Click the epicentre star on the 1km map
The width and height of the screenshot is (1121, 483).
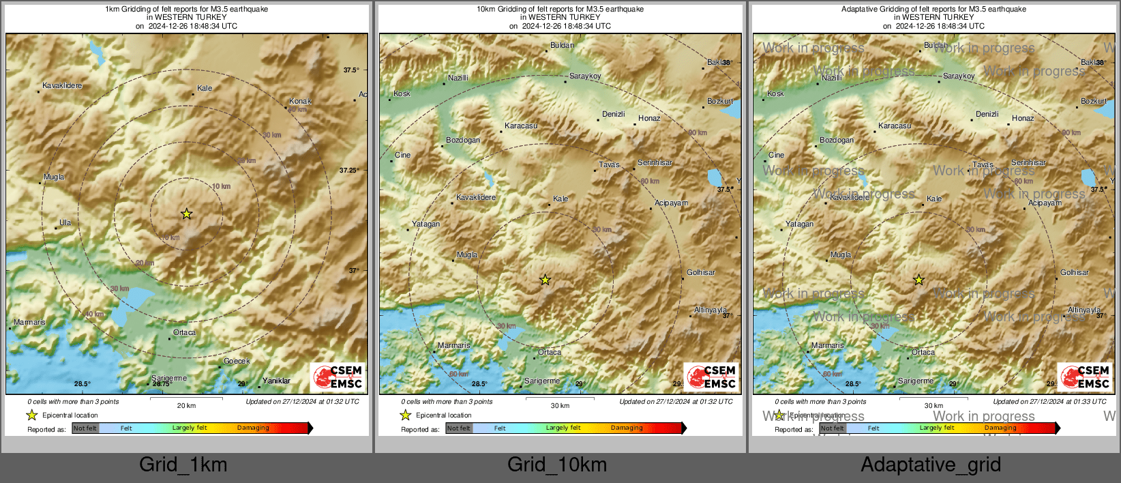186,214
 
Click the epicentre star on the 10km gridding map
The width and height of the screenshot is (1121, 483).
545,280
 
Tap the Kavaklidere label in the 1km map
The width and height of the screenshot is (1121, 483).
62,86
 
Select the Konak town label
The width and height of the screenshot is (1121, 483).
300,101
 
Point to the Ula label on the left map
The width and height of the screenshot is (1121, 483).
65,222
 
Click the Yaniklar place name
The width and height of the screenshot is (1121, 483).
276,381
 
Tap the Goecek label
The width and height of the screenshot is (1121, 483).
237,361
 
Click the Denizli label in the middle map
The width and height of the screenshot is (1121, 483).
613,114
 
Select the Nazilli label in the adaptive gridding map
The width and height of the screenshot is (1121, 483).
831,78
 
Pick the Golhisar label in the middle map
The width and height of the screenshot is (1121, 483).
700,272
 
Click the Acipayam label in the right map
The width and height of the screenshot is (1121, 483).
1045,203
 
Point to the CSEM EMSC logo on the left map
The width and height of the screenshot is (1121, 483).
338,377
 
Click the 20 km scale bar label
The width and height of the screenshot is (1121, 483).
186,405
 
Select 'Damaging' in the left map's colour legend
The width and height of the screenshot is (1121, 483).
253,428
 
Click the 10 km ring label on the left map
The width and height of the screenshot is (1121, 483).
221,186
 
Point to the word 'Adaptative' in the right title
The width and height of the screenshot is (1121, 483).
859,9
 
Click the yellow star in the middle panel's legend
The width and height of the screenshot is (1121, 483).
406,415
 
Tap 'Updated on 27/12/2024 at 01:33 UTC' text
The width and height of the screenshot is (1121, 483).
1049,401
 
